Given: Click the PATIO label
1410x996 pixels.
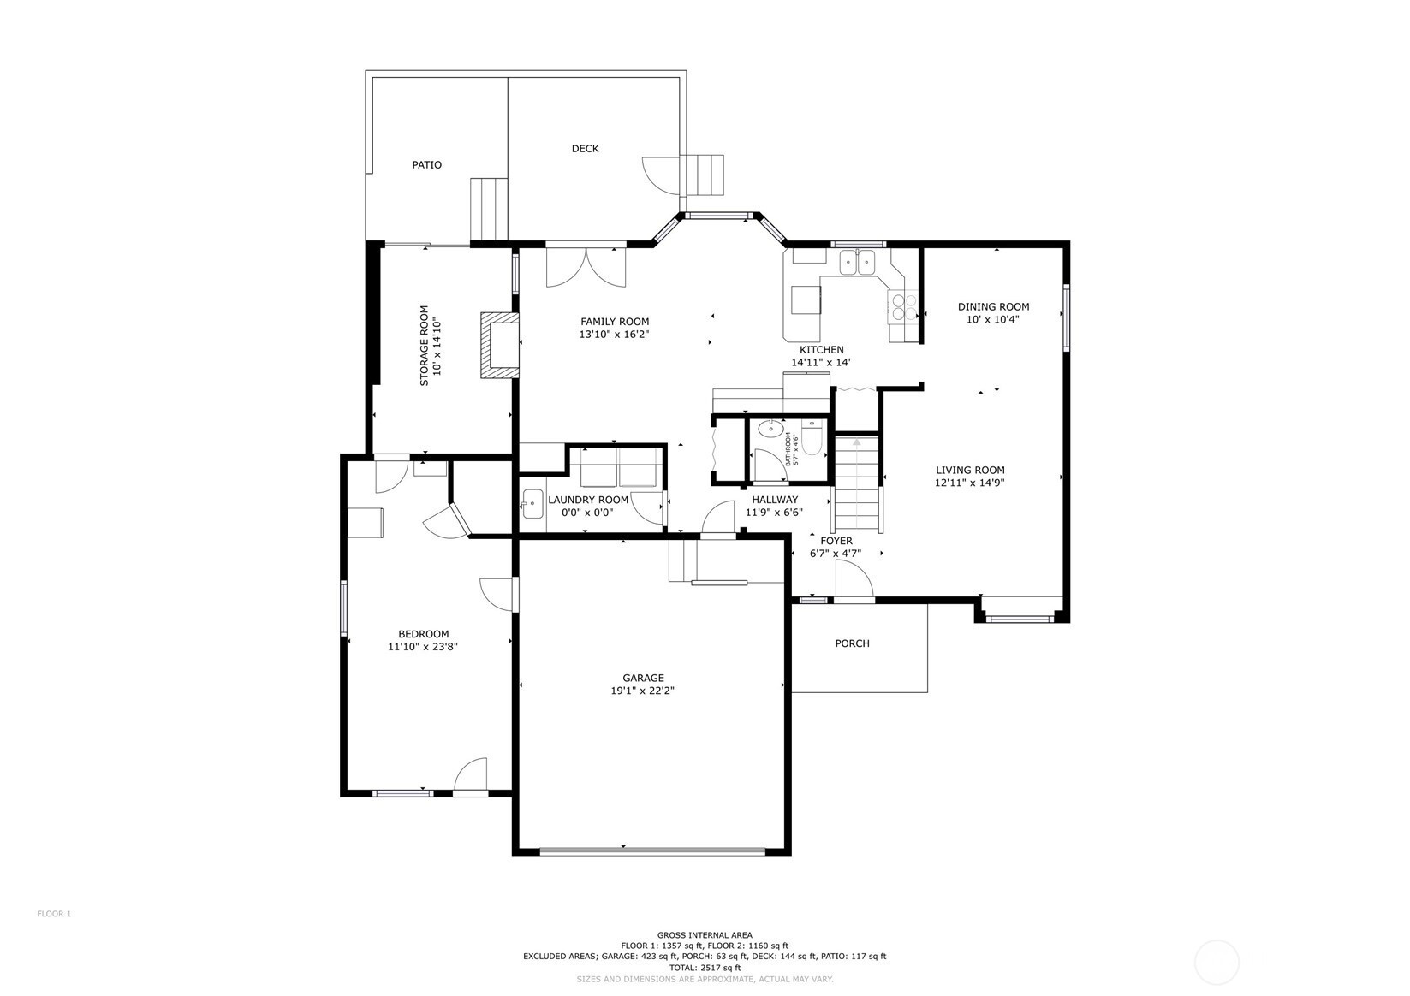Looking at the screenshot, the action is (427, 165).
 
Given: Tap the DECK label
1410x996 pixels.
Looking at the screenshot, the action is (585, 149).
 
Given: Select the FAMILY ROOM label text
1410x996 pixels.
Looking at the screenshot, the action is (615, 322).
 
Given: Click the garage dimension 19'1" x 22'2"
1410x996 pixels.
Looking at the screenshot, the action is (643, 691).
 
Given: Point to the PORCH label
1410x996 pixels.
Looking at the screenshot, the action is (853, 643).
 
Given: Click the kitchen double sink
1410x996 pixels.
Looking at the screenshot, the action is (857, 262).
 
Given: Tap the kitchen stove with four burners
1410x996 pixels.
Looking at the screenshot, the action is (903, 308).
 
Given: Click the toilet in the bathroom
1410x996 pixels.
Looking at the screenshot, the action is (812, 442).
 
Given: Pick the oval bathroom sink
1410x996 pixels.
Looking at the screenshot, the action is (770, 429).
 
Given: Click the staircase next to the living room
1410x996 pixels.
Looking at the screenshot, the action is (856, 483).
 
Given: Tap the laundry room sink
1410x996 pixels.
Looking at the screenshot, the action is (532, 504).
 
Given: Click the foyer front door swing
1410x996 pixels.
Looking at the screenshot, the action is (854, 578).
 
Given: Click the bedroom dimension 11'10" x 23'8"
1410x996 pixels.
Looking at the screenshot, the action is (422, 646).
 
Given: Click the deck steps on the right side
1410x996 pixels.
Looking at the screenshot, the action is (705, 175).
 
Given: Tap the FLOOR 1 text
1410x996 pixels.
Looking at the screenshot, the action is (54, 914).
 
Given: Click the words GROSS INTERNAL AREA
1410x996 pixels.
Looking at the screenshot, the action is (705, 935).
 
